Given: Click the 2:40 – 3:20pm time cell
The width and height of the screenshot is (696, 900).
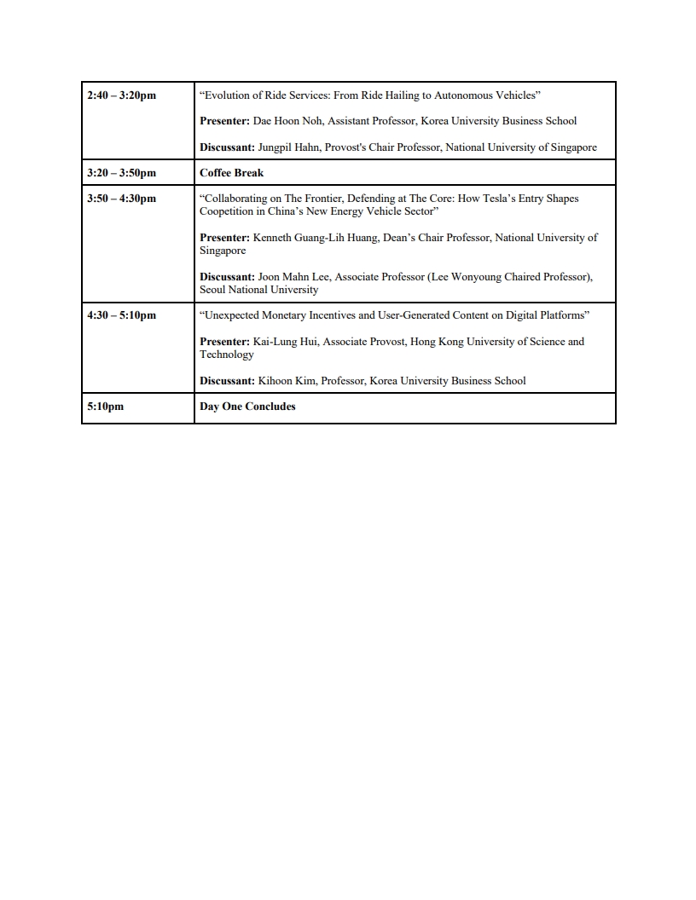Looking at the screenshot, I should pyautogui.click(x=121, y=95).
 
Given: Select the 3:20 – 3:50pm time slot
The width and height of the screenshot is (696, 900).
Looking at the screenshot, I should pyautogui.click(x=121, y=173).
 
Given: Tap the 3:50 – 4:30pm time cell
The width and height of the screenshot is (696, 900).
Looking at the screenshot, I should pyautogui.click(x=121, y=199).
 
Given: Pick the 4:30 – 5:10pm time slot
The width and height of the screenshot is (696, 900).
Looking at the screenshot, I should pyautogui.click(x=121, y=315).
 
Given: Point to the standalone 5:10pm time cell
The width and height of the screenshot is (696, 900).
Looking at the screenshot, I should pyautogui.click(x=105, y=407).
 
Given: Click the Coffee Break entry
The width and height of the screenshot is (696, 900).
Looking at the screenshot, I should pyautogui.click(x=231, y=173).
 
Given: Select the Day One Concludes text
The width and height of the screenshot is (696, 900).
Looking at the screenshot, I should pyautogui.click(x=247, y=407).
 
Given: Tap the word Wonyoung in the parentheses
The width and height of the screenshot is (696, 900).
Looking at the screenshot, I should pyautogui.click(x=496, y=277).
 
